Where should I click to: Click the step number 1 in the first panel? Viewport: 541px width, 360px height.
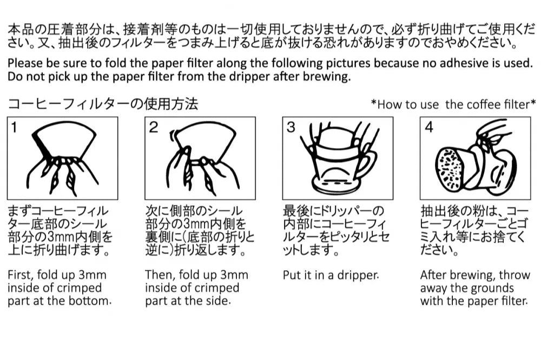point(14,128)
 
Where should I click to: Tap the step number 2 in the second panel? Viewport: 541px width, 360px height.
point(154,128)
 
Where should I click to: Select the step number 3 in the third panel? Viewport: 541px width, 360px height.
point(291,128)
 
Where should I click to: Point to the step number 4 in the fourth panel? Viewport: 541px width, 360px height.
point(429,128)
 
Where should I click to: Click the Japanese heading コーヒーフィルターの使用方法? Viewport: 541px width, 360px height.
point(103,104)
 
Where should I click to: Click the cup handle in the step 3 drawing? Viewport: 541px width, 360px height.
point(368,162)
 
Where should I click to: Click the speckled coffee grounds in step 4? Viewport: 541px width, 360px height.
point(448,169)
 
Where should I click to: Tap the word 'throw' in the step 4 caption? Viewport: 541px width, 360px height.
point(514,275)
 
